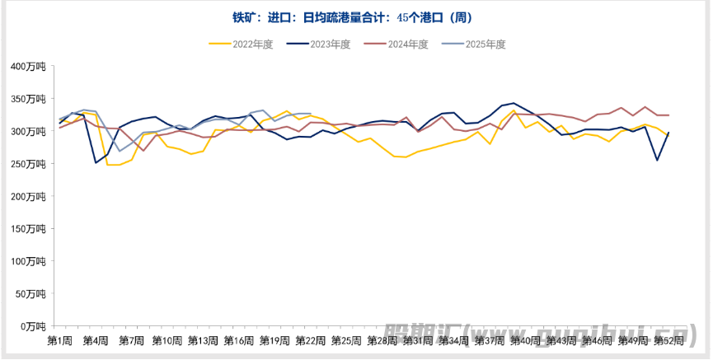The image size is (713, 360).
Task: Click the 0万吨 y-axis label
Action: point(33,326)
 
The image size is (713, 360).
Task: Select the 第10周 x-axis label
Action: point(167,340)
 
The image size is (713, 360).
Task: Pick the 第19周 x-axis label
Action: point(274,340)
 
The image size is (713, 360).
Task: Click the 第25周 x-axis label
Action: point(346,340)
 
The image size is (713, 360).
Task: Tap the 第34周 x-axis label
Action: point(453,340)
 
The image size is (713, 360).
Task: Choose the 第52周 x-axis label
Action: point(668,340)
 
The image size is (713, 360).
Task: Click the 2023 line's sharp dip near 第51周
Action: point(657,160)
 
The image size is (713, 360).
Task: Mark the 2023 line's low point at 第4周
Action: point(96,162)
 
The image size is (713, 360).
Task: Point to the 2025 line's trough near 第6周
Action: point(120,151)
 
